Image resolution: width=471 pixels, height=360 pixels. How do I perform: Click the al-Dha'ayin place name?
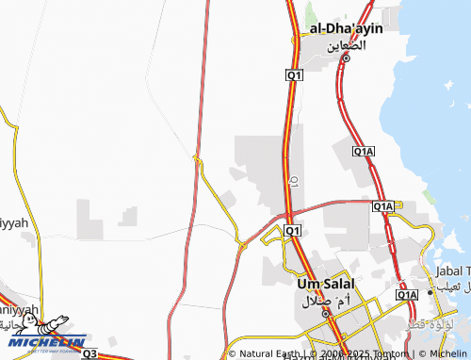pos(340,30)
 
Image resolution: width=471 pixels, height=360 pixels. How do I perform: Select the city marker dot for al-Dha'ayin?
pos(346,58)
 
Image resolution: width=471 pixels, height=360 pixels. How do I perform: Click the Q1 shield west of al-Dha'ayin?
pos(294,74)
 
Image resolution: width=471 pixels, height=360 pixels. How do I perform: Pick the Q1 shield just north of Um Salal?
pos(292,230)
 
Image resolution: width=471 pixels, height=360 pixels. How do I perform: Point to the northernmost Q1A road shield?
pos(364,151)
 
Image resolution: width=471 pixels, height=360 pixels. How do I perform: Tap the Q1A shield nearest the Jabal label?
pos(406,295)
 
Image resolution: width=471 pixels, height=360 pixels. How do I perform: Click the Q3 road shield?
pos(89,353)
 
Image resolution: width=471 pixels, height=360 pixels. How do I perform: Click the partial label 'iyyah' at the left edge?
pos(11,223)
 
